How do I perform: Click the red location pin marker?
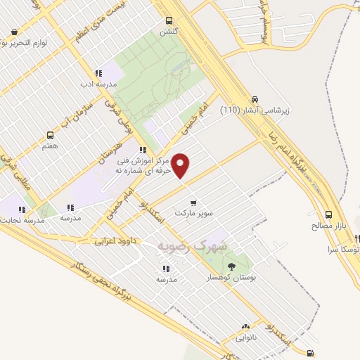[181, 166]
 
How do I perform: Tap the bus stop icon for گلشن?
[168, 20]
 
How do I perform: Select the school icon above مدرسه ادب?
[98, 73]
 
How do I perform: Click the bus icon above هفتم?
[49, 135]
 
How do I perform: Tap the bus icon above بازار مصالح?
[328, 215]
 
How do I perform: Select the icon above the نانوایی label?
[245, 327]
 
